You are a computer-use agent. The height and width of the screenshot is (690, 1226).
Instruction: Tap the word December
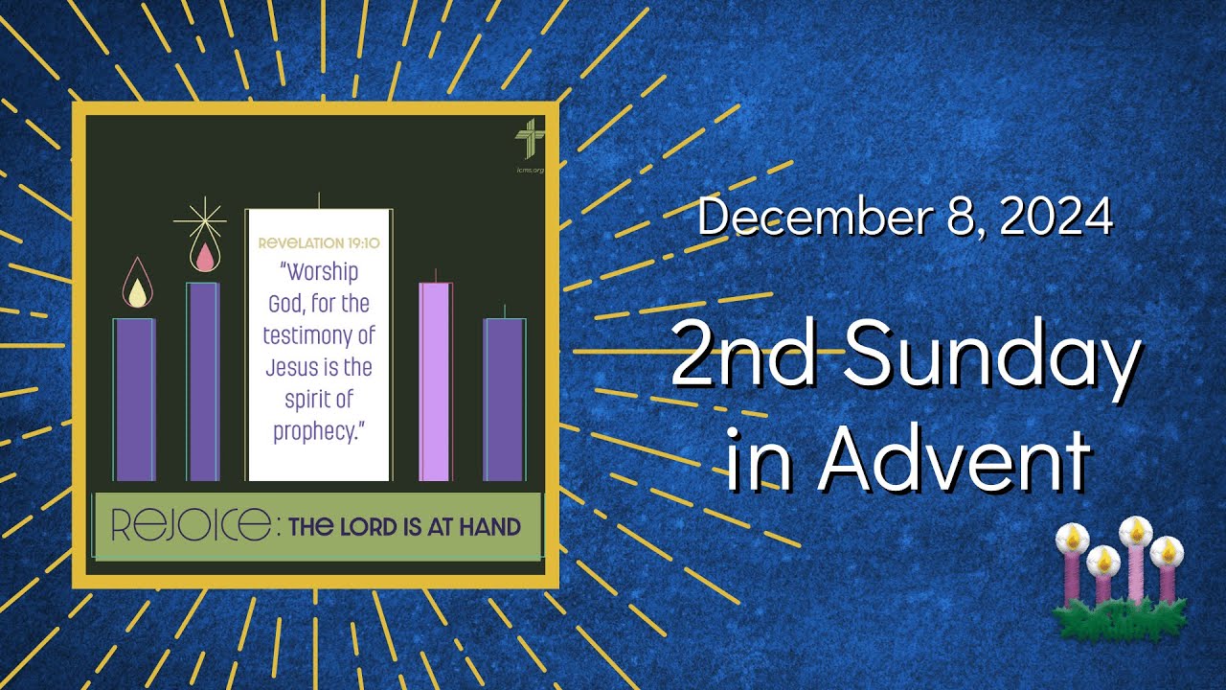[x=815, y=218]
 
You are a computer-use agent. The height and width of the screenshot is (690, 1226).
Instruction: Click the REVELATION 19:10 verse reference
[x=318, y=242]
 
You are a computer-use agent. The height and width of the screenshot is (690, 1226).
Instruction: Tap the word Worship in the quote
[x=320, y=271]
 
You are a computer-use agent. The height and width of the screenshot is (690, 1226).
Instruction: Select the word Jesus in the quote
[x=292, y=368]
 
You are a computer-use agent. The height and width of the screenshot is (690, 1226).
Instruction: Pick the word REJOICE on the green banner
[x=190, y=525]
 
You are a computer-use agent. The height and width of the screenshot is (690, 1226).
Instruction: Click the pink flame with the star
[x=202, y=256]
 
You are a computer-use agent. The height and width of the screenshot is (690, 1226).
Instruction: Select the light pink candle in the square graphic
[x=435, y=380]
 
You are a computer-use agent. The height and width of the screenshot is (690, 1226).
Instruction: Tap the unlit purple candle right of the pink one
[x=504, y=398]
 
